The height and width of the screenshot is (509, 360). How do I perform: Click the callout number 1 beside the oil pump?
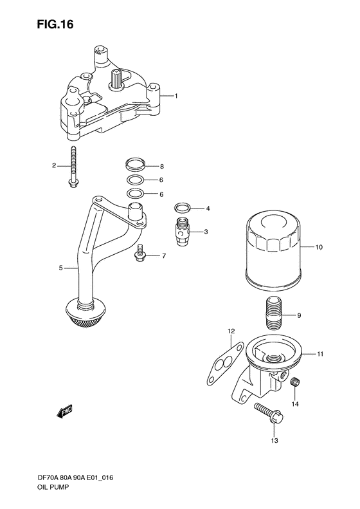click(x=175, y=97)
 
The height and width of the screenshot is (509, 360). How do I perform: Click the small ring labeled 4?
click(x=182, y=208)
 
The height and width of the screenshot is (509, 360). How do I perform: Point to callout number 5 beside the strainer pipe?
click(x=61, y=268)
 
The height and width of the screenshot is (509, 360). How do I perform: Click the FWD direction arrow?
click(x=64, y=409)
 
